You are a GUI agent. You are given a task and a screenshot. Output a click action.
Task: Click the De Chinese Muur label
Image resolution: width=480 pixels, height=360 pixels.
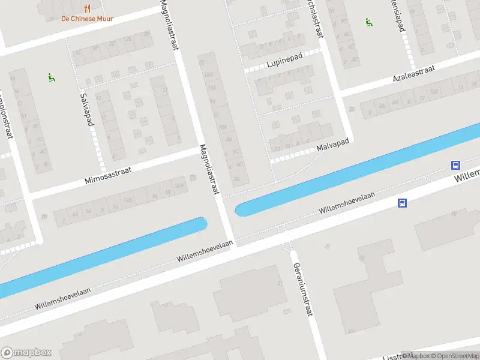pyautogui.click(x=87, y=19)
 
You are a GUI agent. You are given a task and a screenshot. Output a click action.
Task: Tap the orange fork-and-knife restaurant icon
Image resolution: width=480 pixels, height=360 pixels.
pyautogui.click(x=88, y=8)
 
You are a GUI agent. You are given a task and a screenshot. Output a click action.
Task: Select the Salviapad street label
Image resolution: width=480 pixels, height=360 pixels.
pyautogui.click(x=88, y=109)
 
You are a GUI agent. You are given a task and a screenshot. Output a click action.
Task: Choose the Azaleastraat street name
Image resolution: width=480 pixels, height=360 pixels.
pyautogui.click(x=415, y=75)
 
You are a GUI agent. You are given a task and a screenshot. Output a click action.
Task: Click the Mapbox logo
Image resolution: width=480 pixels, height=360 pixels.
pyautogui.click(x=26, y=353)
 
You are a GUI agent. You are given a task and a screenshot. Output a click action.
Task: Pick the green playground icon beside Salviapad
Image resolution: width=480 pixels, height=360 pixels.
pyautogui.click(x=51, y=77)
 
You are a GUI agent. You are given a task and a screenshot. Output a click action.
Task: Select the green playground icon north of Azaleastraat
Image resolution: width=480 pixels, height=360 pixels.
pyautogui.click(x=369, y=22)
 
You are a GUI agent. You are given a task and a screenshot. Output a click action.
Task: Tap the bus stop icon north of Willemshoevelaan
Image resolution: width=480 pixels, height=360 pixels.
pyautogui.click(x=456, y=166)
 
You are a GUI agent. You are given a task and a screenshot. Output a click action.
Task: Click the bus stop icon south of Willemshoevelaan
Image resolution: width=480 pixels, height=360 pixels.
pyautogui.click(x=402, y=203)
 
